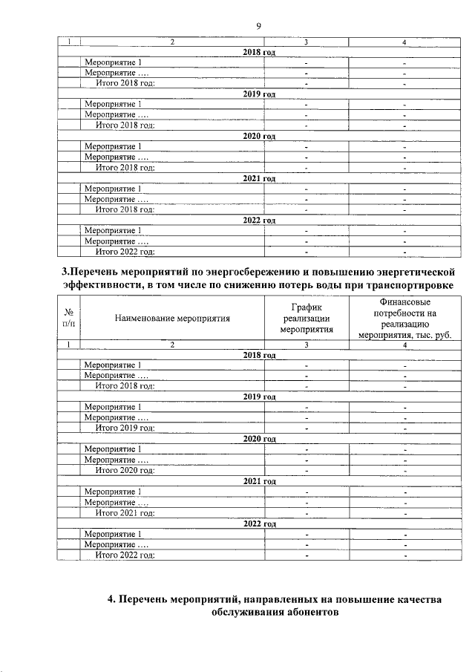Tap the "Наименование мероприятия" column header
pyautogui.click(x=172, y=319)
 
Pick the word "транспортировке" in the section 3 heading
pyautogui.click(x=404, y=287)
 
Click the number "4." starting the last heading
pyautogui.click(x=112, y=599)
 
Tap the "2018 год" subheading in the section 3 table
pyautogui.click(x=259, y=355)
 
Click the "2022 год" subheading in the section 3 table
pyautogui.click(x=259, y=523)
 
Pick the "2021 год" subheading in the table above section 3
pyautogui.click(x=259, y=179)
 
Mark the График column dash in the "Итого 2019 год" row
pyautogui.click(x=306, y=428)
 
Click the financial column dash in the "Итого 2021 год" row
pyautogui.click(x=405, y=513)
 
